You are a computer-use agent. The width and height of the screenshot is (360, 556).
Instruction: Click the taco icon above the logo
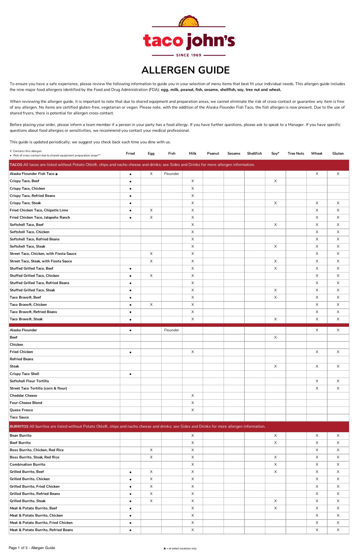(x=189, y=21)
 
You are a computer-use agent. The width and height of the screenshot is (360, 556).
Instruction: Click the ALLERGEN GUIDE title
(x=186, y=70)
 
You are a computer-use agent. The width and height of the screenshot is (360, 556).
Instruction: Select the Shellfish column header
(x=254, y=153)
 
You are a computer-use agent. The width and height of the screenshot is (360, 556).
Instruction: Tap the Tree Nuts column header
(x=296, y=153)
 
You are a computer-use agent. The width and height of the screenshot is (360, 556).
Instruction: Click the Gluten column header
(x=338, y=153)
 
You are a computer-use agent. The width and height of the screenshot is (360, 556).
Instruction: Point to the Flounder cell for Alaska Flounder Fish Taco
(x=171, y=174)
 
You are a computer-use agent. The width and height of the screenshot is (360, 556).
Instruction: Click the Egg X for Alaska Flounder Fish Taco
(x=151, y=174)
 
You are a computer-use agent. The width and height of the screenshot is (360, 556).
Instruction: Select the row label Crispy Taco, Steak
(x=25, y=203)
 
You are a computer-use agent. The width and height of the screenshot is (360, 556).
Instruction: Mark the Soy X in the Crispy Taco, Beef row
(x=275, y=181)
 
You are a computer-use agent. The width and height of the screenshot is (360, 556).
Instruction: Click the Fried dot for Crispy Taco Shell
(x=131, y=374)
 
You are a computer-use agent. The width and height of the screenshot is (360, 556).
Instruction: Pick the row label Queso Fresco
(x=21, y=410)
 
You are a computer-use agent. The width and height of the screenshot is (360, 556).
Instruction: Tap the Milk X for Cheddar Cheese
(x=193, y=396)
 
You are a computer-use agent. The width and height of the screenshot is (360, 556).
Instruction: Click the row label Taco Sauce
(x=19, y=417)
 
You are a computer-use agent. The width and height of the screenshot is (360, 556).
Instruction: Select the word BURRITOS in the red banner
(x=19, y=427)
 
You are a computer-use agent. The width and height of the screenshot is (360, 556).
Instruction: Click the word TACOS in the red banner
(x=16, y=165)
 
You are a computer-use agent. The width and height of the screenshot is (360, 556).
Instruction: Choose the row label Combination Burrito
(x=28, y=464)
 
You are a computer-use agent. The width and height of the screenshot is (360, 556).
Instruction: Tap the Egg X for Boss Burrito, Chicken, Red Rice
(x=151, y=450)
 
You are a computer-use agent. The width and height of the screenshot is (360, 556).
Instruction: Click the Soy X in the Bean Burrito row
(x=275, y=436)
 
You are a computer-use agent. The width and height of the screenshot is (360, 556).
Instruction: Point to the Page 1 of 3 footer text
(x=32, y=548)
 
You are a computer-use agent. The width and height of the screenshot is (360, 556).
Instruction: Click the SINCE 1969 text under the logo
(x=189, y=55)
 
